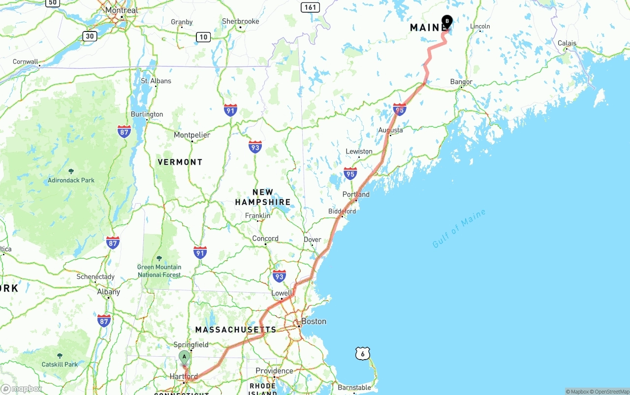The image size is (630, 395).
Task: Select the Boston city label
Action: point(314,321)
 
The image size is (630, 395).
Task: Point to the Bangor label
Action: point(461,82)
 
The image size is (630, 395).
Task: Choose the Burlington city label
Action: point(147,114)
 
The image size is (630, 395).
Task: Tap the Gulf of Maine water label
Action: point(459,229)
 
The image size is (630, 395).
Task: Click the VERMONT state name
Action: point(180,162)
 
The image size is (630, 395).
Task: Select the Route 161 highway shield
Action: point(311,7)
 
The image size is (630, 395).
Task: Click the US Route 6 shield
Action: point(362,353)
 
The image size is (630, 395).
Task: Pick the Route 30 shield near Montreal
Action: point(90,35)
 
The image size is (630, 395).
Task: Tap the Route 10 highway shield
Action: point(203,36)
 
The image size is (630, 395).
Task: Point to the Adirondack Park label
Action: point(71,180)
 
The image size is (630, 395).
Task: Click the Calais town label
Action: point(567,43)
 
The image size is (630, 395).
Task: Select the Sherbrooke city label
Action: point(240,21)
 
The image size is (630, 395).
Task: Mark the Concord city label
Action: point(265,239)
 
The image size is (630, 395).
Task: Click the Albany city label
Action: point(108,292)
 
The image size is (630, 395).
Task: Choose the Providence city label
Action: point(274,370)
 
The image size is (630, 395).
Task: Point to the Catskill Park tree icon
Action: point(60,356)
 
